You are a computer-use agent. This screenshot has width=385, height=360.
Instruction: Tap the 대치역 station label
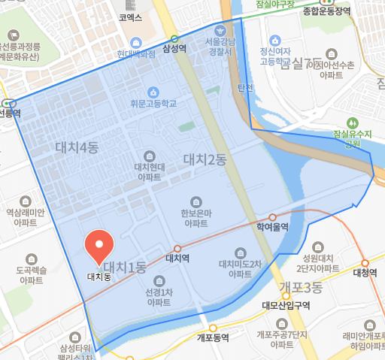pos(177,259)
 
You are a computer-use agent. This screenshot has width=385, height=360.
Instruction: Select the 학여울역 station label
pos(272,228)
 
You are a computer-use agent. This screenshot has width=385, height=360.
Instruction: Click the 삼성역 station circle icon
pos(174,38)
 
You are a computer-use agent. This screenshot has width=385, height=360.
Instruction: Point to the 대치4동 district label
pos(77,147)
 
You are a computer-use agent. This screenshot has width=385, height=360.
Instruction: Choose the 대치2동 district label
pos(205,159)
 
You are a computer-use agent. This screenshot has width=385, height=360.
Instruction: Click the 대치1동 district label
pos(125,266)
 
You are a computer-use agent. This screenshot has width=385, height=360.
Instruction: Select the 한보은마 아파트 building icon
pos(196,201)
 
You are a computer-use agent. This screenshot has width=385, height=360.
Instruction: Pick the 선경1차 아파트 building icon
pos(159,280)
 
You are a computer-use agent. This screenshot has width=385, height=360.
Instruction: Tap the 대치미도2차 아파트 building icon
pos(241,253)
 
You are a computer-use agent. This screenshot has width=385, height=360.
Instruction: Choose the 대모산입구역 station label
pos(286,305)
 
